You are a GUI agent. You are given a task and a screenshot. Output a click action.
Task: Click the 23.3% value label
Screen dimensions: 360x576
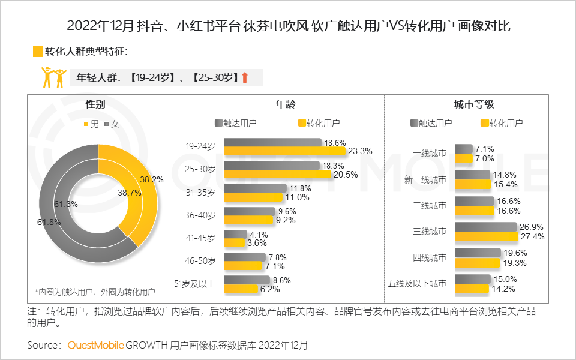(x=361, y=151)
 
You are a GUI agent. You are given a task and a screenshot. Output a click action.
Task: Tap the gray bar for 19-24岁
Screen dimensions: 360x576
(x=272, y=143)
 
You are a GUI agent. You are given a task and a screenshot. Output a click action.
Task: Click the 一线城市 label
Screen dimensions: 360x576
(x=430, y=154)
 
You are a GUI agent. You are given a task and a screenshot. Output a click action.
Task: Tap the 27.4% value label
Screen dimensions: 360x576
(x=532, y=237)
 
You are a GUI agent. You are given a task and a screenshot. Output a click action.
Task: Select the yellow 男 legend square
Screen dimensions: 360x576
(x=85, y=124)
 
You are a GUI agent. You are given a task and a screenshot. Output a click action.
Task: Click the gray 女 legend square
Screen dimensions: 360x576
(x=107, y=124)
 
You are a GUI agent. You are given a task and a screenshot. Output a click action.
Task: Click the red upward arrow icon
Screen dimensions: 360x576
(x=244, y=77)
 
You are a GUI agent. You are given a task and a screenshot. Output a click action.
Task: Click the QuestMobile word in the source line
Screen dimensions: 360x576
(x=96, y=345)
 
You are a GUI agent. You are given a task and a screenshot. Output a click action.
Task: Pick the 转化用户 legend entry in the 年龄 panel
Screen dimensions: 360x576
(x=318, y=123)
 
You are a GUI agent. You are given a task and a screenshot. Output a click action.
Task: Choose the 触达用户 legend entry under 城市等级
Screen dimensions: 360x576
(x=431, y=123)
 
